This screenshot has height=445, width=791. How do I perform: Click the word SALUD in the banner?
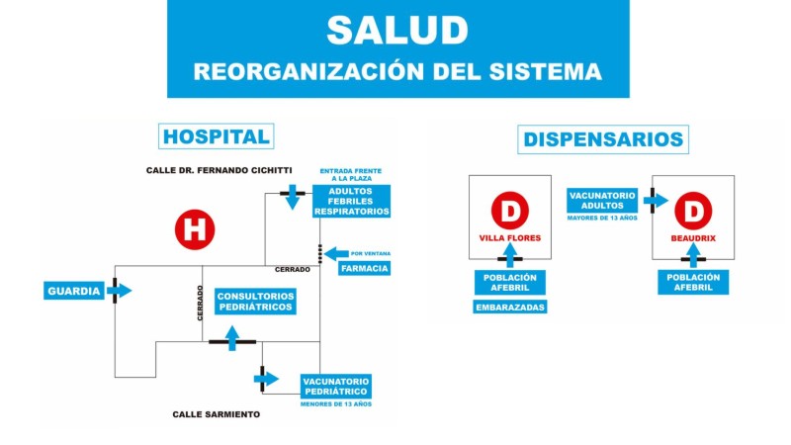[x=397, y=31]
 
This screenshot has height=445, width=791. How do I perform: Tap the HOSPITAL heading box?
[x=216, y=136]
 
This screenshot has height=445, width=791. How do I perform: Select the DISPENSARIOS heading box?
[x=602, y=139]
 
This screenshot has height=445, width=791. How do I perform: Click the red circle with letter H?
[x=195, y=229]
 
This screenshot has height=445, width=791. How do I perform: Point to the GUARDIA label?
[x=74, y=291]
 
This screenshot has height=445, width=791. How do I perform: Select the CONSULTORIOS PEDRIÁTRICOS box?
[x=255, y=302]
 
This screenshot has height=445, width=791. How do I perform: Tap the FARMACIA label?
[x=364, y=268]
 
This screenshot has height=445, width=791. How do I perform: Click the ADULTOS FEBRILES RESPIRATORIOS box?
[x=351, y=201]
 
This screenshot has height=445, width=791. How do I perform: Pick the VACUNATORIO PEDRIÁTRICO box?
[x=335, y=386]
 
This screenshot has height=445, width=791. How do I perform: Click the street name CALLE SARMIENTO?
[x=217, y=414]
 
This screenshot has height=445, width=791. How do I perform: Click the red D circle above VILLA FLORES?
[x=510, y=211]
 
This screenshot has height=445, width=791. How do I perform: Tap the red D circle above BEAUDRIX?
[x=694, y=211]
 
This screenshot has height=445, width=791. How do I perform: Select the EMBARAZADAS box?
[x=510, y=307]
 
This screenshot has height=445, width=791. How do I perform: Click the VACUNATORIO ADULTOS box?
[x=602, y=200]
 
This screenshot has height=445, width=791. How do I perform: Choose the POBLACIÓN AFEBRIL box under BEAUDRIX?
[x=694, y=282]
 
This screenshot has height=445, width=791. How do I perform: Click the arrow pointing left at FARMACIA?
[x=335, y=253]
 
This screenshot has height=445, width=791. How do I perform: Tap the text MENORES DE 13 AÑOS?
[x=336, y=403]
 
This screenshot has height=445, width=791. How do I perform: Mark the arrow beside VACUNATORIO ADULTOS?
[x=654, y=200]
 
